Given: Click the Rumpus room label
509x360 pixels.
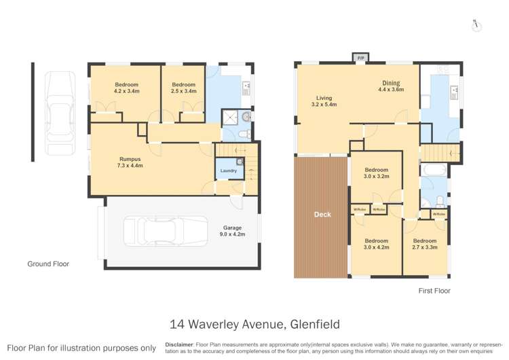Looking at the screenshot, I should pos(130,162).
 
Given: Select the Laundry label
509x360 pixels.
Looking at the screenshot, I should pos(228,170).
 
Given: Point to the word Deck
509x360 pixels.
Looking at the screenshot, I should pos(322,215).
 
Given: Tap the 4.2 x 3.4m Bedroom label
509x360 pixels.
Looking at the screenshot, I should pos(126,88).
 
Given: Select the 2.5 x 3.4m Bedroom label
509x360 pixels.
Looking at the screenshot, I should pos(183,88).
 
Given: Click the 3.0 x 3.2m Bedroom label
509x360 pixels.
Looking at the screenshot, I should pos(376,173).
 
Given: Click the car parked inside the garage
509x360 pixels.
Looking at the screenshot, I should pos(166,230).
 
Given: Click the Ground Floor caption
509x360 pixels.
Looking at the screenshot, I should pos(48,264).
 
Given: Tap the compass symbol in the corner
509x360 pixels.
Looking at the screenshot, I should pos(476,24).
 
